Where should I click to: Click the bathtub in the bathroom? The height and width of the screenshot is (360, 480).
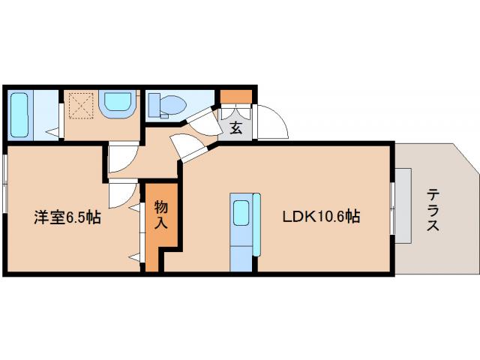tap(19, 115)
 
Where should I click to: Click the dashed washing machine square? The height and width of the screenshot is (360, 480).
tap(81, 105)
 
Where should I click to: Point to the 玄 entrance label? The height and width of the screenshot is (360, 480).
tap(236, 127)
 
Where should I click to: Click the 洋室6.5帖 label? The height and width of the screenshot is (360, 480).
tap(67, 217)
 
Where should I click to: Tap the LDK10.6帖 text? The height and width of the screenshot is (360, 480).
tap(321, 217)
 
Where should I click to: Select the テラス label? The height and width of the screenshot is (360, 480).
tap(433, 210)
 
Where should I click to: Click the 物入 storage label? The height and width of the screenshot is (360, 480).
tap(160, 215)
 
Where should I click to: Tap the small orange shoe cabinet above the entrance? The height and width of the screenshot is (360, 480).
tap(236, 97)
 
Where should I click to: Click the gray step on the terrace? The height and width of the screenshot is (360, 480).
tap(403, 205)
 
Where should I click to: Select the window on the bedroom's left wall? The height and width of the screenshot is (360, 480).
tap(5, 184)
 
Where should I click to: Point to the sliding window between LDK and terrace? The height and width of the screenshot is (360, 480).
tap(392, 208)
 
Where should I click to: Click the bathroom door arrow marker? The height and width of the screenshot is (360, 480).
tap(52, 132)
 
